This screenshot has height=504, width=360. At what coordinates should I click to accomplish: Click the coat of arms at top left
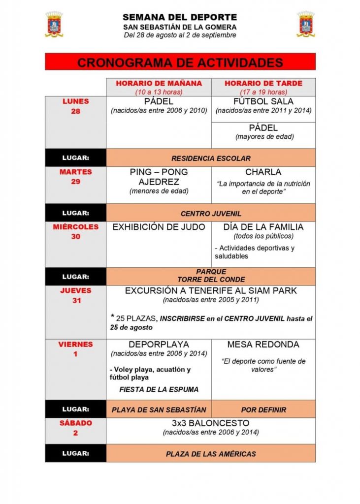pyautogui.click(x=54, y=25)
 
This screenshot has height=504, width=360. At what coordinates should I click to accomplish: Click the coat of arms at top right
pyautogui.click(x=306, y=25)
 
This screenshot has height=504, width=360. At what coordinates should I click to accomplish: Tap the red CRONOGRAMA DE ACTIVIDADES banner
pyautogui.click(x=180, y=63)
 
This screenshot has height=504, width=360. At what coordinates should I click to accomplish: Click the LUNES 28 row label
pyautogui.click(x=75, y=106)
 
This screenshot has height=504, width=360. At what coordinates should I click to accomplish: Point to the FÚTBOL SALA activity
pyautogui.click(x=263, y=101)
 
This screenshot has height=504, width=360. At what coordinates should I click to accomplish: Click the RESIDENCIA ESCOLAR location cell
pyautogui.click(x=211, y=158)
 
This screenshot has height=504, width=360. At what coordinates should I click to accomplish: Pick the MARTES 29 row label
pyautogui.click(x=75, y=177)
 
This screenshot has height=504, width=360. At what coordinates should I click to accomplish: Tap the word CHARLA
pyautogui.click(x=263, y=172)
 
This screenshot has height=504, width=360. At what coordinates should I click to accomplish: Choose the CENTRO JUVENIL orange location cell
pyautogui.click(x=211, y=214)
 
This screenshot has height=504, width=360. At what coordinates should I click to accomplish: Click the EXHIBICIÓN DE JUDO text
pyautogui.click(x=159, y=227)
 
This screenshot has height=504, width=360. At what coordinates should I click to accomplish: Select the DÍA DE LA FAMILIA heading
pyautogui.click(x=263, y=227)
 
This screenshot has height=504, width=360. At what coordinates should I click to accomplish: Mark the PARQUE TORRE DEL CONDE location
pyautogui.click(x=211, y=276)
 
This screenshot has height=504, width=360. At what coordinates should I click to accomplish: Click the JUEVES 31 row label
pyautogui.click(x=75, y=295)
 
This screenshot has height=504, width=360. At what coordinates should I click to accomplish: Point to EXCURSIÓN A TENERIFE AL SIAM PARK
pyautogui.click(x=211, y=291)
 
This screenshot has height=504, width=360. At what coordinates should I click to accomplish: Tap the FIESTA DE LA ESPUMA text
pyautogui.click(x=159, y=389)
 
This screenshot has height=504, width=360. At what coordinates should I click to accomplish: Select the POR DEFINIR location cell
pyautogui.click(x=263, y=409)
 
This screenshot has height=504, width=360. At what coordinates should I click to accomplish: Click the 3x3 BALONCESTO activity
pyautogui.click(x=211, y=423)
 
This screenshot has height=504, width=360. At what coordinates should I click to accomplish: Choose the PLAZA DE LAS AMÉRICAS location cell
pyautogui.click(x=211, y=454)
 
